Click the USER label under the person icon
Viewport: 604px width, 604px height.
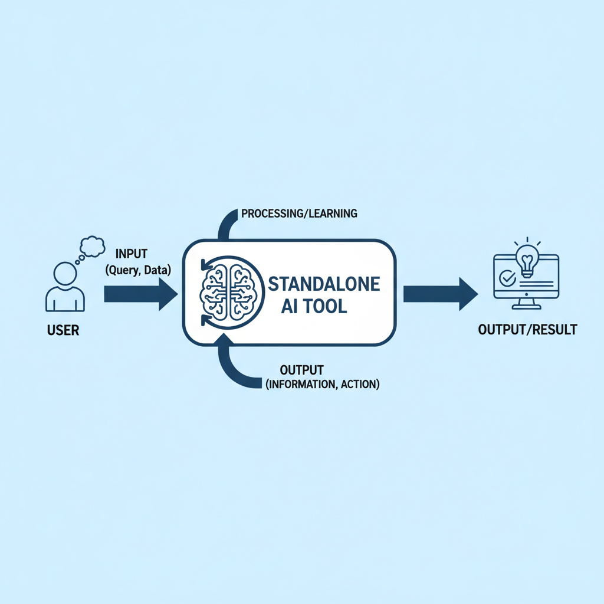pyautogui.click(x=63, y=330)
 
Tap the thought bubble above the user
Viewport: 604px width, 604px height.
pyautogui.click(x=92, y=247)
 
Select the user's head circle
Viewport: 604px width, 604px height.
pyautogui.click(x=65, y=274)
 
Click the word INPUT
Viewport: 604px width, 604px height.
pyautogui.click(x=132, y=254)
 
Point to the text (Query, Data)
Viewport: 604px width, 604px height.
pyautogui.click(x=138, y=270)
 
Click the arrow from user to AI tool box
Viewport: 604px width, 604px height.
pyautogui.click(x=141, y=294)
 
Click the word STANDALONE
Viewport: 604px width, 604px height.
pyautogui.click(x=324, y=284)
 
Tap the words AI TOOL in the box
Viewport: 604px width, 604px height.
pyautogui.click(x=314, y=307)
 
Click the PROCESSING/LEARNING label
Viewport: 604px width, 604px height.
pyautogui.click(x=299, y=214)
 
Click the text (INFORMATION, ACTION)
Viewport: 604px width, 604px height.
pyautogui.click(x=323, y=384)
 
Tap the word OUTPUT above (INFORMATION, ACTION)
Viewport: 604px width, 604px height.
pyautogui.click(x=301, y=370)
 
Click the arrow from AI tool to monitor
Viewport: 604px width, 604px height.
pyautogui.click(x=441, y=294)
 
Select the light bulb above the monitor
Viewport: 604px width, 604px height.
pyautogui.click(x=527, y=257)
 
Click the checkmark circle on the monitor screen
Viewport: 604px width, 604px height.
pyautogui.click(x=507, y=277)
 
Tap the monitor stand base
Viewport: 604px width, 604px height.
pyautogui.click(x=526, y=307)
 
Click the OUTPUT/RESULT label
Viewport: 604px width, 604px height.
pyautogui.click(x=527, y=330)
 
